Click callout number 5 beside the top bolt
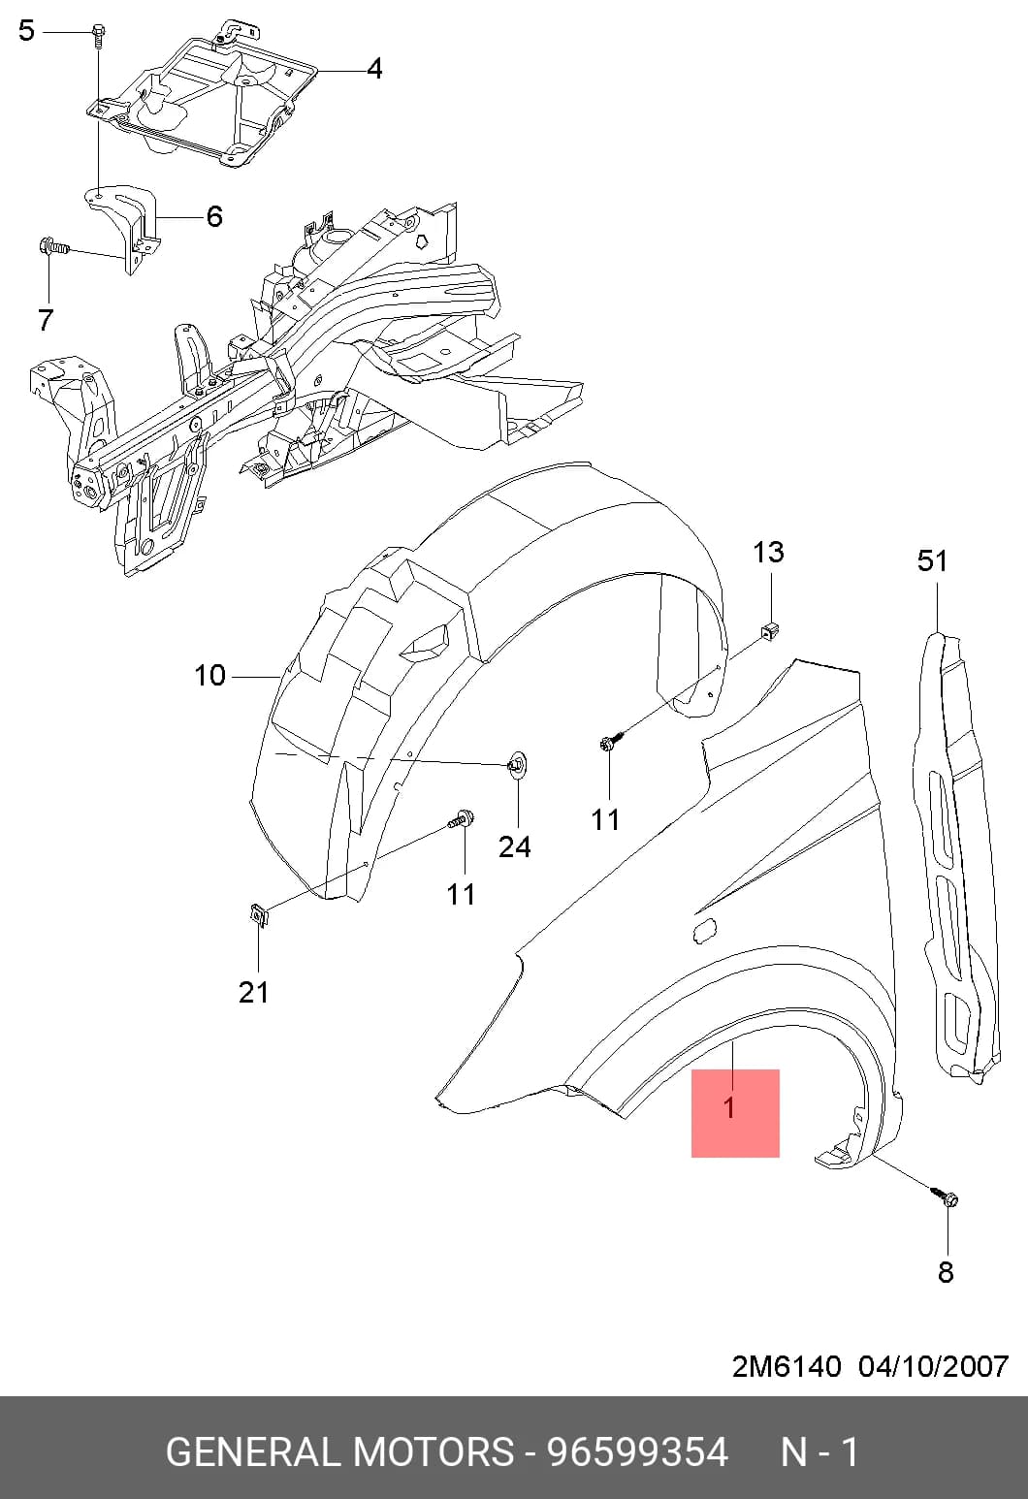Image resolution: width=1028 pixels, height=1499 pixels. [x=26, y=31]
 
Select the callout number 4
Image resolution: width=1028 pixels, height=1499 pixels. [x=373, y=69]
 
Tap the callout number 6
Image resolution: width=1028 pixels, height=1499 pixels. [x=213, y=217]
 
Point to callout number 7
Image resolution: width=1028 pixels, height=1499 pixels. [x=45, y=320]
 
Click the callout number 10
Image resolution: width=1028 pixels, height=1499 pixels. [x=209, y=675]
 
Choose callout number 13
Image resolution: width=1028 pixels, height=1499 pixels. [x=768, y=552]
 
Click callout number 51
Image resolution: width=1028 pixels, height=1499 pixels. [x=932, y=560]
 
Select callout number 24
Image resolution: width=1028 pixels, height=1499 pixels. [x=515, y=846]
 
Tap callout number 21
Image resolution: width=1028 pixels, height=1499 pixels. [x=254, y=993]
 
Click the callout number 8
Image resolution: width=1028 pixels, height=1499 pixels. [x=945, y=1272]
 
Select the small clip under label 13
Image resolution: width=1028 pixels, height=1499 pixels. [x=769, y=630]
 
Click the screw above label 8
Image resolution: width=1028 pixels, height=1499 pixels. [x=945, y=1197]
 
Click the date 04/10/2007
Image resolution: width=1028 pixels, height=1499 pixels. [x=933, y=1366]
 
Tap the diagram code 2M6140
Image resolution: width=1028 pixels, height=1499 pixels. [x=787, y=1366]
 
